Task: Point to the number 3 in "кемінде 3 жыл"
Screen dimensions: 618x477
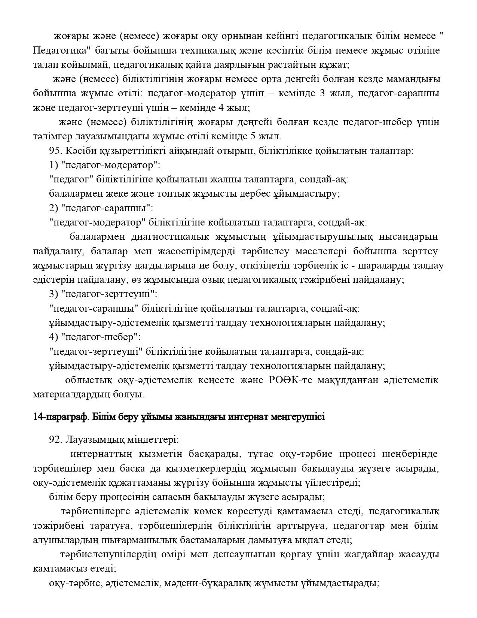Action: [322, 93]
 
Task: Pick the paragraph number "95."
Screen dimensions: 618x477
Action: [55, 151]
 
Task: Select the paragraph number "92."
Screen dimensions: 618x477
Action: [55, 440]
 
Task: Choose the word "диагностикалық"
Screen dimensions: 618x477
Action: [173, 237]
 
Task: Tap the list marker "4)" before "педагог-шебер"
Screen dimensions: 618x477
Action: [54, 337]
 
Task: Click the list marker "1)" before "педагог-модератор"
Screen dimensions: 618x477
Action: [54, 165]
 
